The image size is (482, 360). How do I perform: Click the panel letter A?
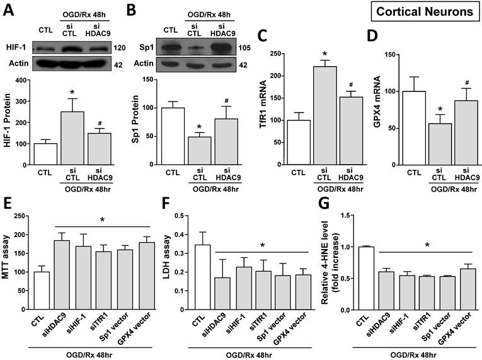pos(9,8)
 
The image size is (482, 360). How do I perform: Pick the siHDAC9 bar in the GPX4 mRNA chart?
pos(440,133)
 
